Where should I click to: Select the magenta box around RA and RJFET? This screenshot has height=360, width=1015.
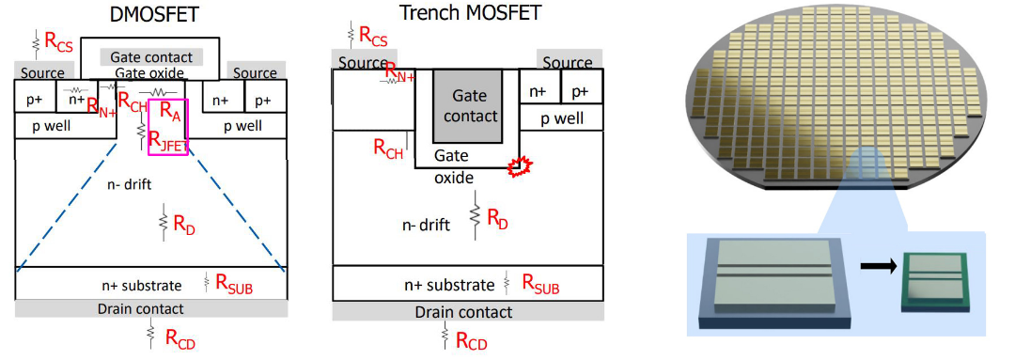(167, 127)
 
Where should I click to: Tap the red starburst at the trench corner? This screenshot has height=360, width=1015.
(517, 166)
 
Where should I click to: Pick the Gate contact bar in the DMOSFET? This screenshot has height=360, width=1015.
(151, 57)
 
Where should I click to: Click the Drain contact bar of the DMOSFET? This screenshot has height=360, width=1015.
(151, 309)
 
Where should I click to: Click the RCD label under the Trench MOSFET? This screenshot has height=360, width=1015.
(471, 339)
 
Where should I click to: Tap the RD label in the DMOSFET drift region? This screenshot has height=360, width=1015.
(183, 224)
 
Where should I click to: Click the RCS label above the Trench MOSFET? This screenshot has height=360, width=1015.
(373, 38)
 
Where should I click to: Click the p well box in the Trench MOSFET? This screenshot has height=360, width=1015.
(562, 117)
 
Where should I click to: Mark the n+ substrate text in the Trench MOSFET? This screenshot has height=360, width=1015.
(448, 284)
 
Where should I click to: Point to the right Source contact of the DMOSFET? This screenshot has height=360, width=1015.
(255, 72)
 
